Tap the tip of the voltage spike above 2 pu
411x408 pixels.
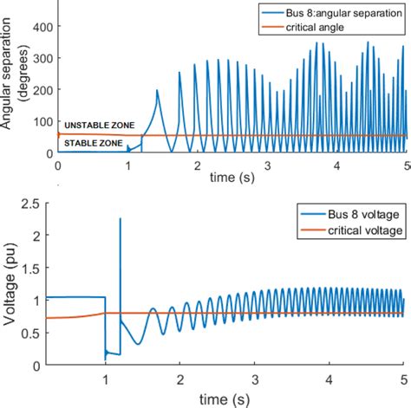point(120,219)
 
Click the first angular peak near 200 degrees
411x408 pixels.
point(157,90)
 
